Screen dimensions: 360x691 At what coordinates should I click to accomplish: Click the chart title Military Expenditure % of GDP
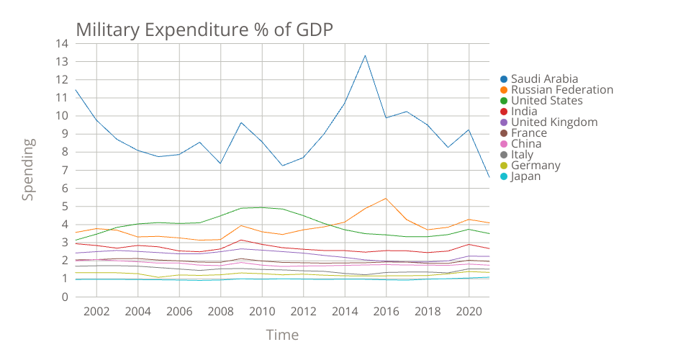point(205,30)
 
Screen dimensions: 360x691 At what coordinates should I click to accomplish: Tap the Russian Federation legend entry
point(561,90)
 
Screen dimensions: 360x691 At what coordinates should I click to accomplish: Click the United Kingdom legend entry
point(554,122)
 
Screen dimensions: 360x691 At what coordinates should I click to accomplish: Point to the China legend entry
point(526,144)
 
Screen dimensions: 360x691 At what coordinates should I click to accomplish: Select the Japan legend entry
point(525,176)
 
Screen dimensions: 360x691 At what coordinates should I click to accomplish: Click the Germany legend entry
point(536,166)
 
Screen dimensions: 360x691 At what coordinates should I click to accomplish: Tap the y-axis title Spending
point(27,170)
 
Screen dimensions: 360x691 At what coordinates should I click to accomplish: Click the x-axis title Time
point(282,335)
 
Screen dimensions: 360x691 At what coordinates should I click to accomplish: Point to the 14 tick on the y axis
point(62,43)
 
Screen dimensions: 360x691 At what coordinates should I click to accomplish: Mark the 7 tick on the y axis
point(65,170)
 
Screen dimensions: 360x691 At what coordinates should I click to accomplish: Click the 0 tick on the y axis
point(65,297)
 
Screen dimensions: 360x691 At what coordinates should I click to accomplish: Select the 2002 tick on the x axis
point(96,311)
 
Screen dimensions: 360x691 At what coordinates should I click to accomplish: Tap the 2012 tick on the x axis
point(303,311)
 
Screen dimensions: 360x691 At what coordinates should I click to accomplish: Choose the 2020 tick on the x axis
point(469,311)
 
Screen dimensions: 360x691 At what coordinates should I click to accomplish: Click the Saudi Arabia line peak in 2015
point(365,55)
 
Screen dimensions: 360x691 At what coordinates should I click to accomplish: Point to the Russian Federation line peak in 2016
point(386,198)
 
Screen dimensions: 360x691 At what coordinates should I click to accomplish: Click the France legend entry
point(528,133)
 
